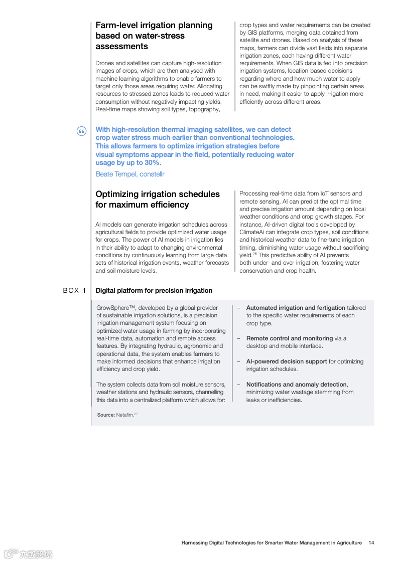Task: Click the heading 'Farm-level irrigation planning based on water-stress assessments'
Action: coord(154,36)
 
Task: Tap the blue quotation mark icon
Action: coord(82,131)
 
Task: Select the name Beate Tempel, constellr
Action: coord(130,174)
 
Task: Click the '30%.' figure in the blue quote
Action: coord(152,163)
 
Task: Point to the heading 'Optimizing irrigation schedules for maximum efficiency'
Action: coord(158,199)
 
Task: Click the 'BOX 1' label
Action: coord(75,290)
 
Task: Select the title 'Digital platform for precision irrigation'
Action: coord(154,290)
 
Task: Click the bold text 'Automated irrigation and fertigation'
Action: coord(296,308)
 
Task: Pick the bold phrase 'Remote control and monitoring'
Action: coord(289,338)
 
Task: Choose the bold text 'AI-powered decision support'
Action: coord(287,361)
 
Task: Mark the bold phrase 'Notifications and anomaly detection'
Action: coord(296,385)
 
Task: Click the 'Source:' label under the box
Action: coord(106,415)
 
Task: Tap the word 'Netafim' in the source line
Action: coord(124,415)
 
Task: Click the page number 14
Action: coord(371,542)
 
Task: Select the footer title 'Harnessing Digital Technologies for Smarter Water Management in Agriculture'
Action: coord(272,542)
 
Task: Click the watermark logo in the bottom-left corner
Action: coord(28,554)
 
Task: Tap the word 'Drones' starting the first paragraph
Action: coord(104,63)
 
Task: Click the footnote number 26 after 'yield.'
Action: coord(254,254)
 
